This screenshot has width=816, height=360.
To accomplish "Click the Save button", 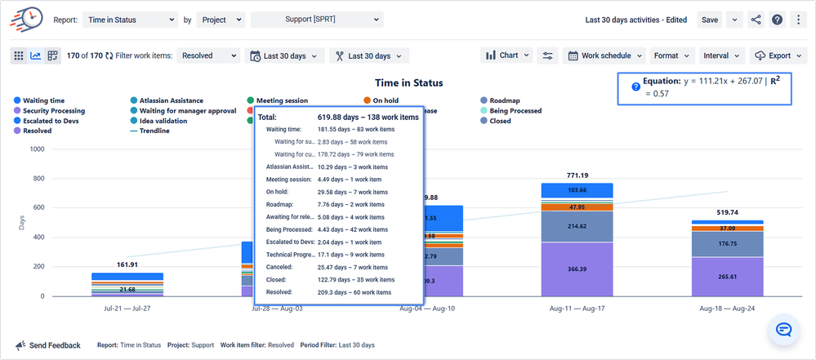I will point(710,19).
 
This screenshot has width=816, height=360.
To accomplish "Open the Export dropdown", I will point(773,56).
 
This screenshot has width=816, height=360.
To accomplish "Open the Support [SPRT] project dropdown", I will point(317,19).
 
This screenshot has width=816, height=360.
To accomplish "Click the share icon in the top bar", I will point(755,20).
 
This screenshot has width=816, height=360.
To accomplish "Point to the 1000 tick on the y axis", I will point(37,149).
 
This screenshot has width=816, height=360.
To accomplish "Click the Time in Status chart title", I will point(409,83).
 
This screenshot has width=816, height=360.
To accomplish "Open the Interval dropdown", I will point(722,56).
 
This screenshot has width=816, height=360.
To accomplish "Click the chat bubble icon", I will point(783,330).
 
